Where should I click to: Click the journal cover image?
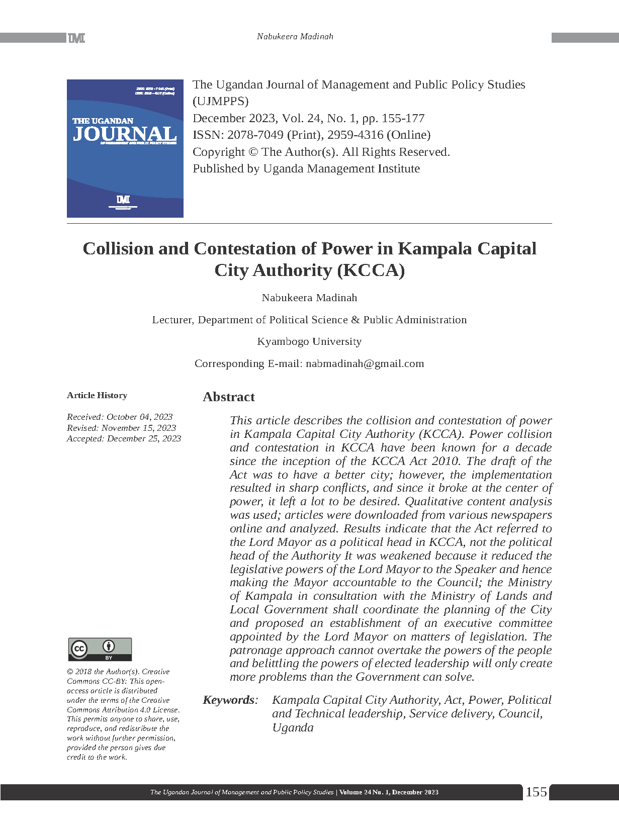[125, 148]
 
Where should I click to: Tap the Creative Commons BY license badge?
[100, 649]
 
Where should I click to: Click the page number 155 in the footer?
[536, 792]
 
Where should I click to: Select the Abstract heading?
[229, 397]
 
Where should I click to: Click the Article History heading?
[97, 396]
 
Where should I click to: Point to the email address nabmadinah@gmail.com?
[365, 363]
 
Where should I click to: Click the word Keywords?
[229, 700]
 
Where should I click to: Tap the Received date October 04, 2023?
[139, 417]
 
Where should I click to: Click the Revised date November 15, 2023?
[139, 428]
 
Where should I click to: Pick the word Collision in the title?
[118, 249]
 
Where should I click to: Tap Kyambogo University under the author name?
[309, 342]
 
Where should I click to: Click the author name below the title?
[309, 298]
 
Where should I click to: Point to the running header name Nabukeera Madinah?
[295, 36]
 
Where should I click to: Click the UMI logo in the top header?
[76, 38]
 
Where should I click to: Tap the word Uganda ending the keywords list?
[293, 727]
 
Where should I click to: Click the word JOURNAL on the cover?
[125, 134]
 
